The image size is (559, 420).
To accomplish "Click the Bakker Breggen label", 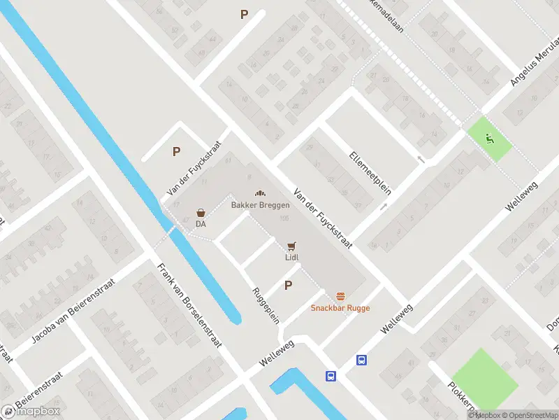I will [x=261, y=205].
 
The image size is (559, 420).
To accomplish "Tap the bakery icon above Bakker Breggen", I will [x=261, y=194].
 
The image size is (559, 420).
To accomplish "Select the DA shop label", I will [x=201, y=224].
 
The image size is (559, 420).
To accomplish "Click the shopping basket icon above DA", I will [x=201, y=213].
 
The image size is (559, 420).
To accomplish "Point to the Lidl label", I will [x=291, y=257].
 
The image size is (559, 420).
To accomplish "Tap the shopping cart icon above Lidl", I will [x=291, y=246].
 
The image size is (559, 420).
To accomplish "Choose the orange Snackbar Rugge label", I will [x=340, y=308].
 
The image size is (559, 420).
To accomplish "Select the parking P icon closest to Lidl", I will [x=288, y=285].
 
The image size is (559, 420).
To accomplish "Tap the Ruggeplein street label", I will [x=266, y=305].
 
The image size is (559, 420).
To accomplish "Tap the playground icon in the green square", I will [x=490, y=139].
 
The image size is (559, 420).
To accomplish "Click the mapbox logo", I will [x=30, y=411].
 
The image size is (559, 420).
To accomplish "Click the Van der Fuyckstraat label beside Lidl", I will [x=322, y=217].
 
